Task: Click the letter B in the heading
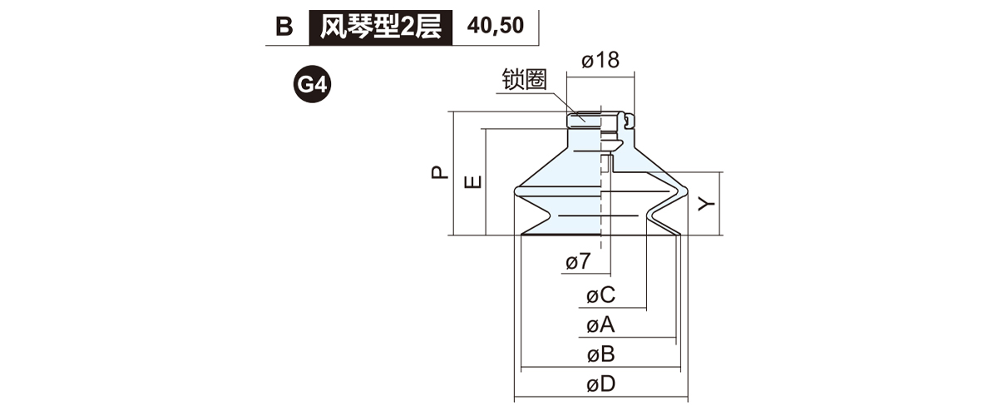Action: (x=284, y=27)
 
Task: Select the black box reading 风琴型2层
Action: (x=380, y=27)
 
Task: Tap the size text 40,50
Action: (x=496, y=26)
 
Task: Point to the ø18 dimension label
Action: (x=600, y=61)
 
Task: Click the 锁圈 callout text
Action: (x=523, y=80)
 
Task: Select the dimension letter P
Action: (x=438, y=173)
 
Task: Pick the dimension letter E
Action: (x=472, y=182)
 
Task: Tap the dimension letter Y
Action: (x=707, y=204)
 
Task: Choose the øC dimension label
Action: (x=600, y=295)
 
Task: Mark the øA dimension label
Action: (x=600, y=324)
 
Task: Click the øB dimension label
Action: (x=600, y=354)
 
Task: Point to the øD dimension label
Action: (x=600, y=384)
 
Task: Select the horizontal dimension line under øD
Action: (x=600, y=398)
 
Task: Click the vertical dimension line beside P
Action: (x=452, y=173)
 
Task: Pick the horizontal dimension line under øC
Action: (x=615, y=308)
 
